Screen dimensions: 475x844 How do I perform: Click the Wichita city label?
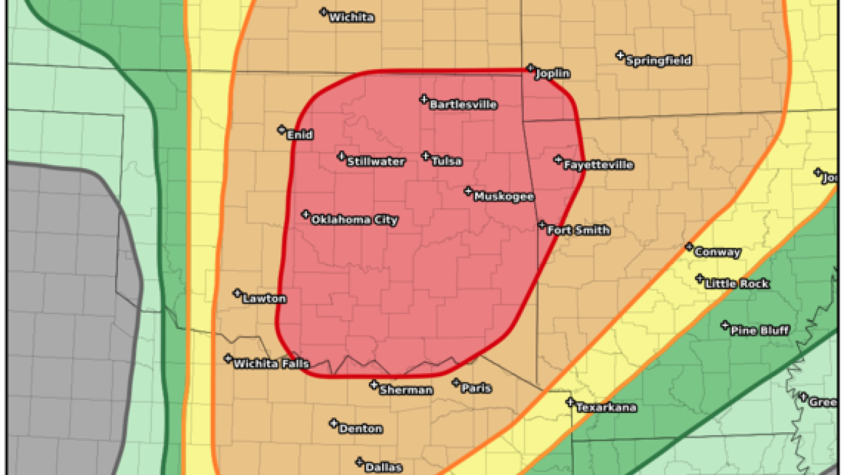(x=351, y=18)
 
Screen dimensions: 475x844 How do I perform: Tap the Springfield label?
(x=658, y=61)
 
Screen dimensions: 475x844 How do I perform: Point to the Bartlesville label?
(x=463, y=105)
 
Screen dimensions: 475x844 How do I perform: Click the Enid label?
(x=300, y=135)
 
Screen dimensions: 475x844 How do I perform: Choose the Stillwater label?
(x=376, y=162)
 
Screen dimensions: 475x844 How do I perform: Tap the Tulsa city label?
(x=447, y=162)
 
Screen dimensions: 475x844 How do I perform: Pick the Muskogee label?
(x=503, y=197)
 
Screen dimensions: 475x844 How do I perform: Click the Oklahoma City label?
(x=354, y=220)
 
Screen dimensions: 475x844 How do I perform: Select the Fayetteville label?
(x=598, y=165)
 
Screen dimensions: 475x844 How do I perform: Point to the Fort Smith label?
(x=578, y=230)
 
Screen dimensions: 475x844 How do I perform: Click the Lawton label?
(x=264, y=298)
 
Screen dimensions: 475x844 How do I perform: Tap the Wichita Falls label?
(x=271, y=363)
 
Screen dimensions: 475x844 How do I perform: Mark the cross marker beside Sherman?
(x=374, y=384)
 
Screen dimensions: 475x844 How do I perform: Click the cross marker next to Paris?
(x=456, y=383)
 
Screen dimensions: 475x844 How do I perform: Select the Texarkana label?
(x=606, y=407)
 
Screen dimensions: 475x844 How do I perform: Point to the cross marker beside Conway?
(x=689, y=247)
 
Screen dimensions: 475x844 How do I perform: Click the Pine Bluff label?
(x=759, y=330)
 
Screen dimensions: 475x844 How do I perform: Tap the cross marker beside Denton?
(x=333, y=423)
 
